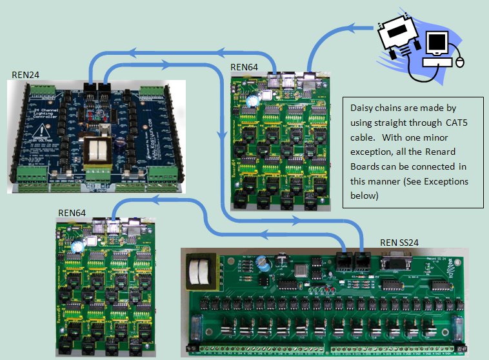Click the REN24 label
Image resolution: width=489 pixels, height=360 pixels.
[x=25, y=75]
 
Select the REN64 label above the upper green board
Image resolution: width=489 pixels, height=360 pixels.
[x=245, y=67]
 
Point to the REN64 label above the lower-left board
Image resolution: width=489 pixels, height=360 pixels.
[x=72, y=212]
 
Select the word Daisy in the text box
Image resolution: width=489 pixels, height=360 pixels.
[x=363, y=108]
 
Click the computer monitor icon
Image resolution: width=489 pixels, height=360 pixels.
[x=438, y=42]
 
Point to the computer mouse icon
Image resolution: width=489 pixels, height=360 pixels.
[x=460, y=62]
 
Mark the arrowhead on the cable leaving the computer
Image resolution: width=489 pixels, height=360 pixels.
[x=359, y=28]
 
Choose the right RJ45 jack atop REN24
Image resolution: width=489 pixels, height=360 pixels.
[x=103, y=88]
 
